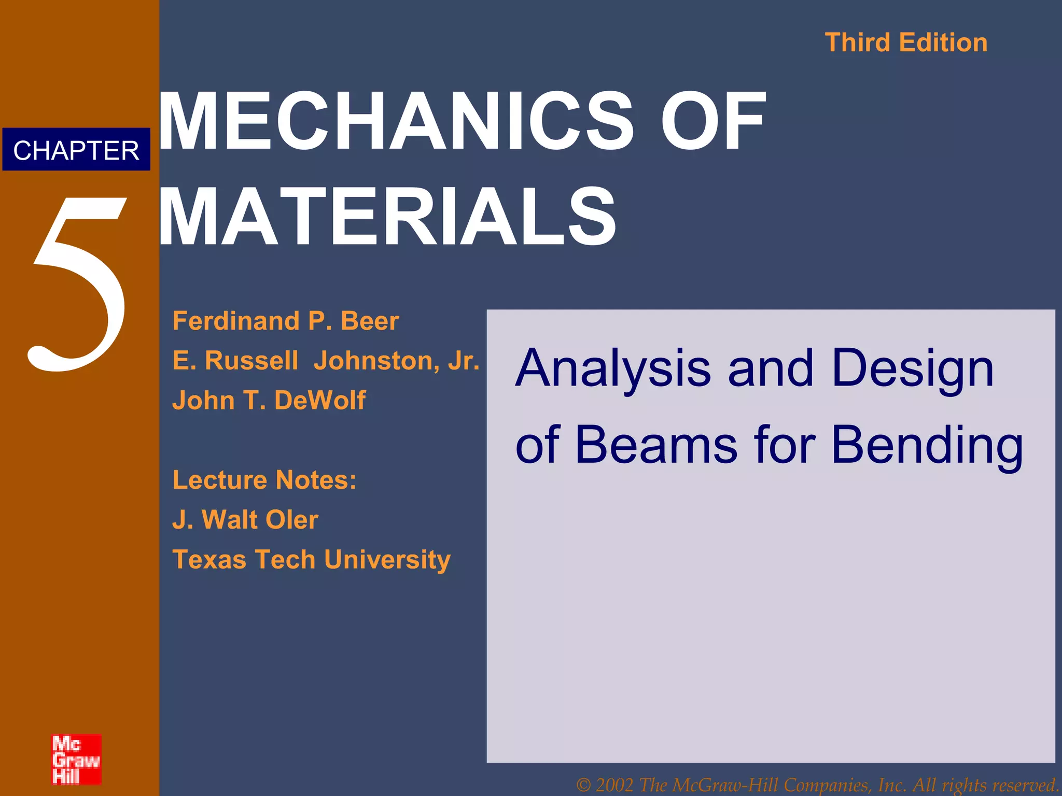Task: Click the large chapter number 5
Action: [78, 285]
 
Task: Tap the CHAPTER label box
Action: [76, 150]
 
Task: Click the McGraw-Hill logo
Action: [76, 759]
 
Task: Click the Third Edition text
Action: [906, 42]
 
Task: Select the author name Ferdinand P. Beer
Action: [286, 321]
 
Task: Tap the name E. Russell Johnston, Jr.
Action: [326, 361]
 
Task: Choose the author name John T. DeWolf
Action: [269, 400]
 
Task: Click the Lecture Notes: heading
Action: [264, 480]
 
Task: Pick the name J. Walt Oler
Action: [245, 520]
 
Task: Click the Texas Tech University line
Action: [311, 560]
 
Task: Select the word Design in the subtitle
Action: [913, 369]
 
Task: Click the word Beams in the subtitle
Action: [656, 446]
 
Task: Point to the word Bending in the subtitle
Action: [927, 446]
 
